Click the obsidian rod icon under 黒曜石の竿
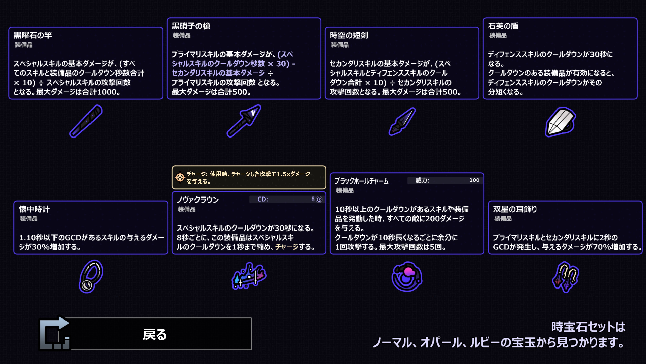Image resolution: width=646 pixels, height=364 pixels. coord(86,121)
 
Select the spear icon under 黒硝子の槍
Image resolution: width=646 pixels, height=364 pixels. coord(244,121)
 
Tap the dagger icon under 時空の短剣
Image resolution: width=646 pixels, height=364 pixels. coord(402,121)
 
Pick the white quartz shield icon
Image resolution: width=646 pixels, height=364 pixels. coord(560,122)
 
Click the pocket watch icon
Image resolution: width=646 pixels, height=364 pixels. coord(91,276)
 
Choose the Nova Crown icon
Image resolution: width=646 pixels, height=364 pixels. coord(249,276)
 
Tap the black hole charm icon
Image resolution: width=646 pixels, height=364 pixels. coord(407,276)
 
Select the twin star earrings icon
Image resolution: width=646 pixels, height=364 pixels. coord(565,277)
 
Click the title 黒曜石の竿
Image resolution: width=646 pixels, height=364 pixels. coord(33,35)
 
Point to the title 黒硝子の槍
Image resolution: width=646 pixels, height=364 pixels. coord(191,26)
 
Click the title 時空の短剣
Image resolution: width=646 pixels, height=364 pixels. coord(349,35)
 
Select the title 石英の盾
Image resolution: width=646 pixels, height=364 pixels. coord(503,26)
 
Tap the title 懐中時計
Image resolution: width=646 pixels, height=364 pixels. coord(34,209)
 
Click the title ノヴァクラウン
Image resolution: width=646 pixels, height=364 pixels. coord(198,200)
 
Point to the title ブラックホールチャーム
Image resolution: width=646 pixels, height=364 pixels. coord(361,181)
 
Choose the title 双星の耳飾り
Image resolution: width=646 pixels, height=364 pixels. coord(515,209)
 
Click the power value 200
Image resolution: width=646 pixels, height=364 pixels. coord(474,180)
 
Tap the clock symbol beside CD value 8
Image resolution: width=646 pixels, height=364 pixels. coord(319,199)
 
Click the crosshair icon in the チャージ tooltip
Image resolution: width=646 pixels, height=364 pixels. coord(180,177)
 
